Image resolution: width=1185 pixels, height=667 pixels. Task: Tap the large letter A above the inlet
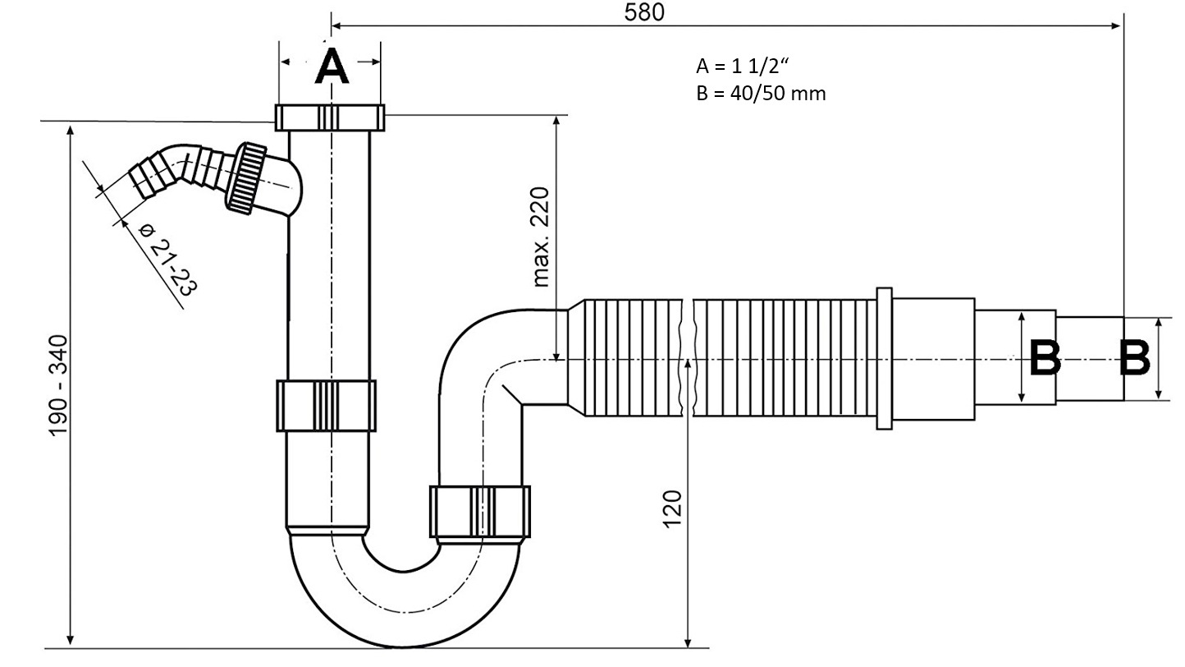[x=332, y=67]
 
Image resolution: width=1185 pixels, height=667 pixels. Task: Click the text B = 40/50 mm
[x=760, y=93]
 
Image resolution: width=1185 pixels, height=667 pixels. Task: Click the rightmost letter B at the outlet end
[x=1135, y=358]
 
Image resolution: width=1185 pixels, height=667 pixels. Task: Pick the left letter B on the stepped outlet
[x=1045, y=358]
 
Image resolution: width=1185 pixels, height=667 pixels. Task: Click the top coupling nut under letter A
[x=330, y=117]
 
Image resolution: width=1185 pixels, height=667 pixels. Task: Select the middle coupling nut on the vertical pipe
[x=326, y=405]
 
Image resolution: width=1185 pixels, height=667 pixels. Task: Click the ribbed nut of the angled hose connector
[x=246, y=178]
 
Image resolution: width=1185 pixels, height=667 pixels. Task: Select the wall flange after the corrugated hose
[x=883, y=358]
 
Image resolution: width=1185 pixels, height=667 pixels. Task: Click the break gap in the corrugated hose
[x=689, y=358]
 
